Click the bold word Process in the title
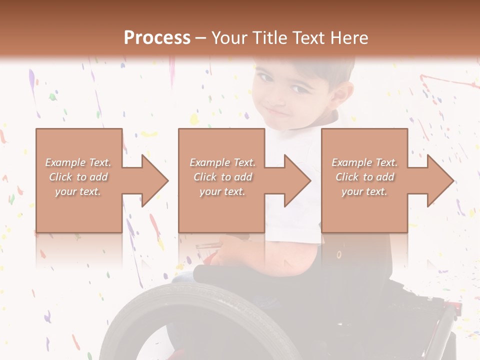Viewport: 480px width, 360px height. click(x=157, y=37)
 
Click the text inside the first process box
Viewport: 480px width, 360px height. click(x=78, y=177)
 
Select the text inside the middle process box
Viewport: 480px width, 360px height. click(x=222, y=177)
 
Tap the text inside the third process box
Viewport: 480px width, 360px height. click(x=364, y=177)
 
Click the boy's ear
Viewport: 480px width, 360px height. click(x=342, y=95)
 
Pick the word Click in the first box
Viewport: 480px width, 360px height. click(x=61, y=177)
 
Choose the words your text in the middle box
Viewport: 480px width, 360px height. click(x=222, y=191)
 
